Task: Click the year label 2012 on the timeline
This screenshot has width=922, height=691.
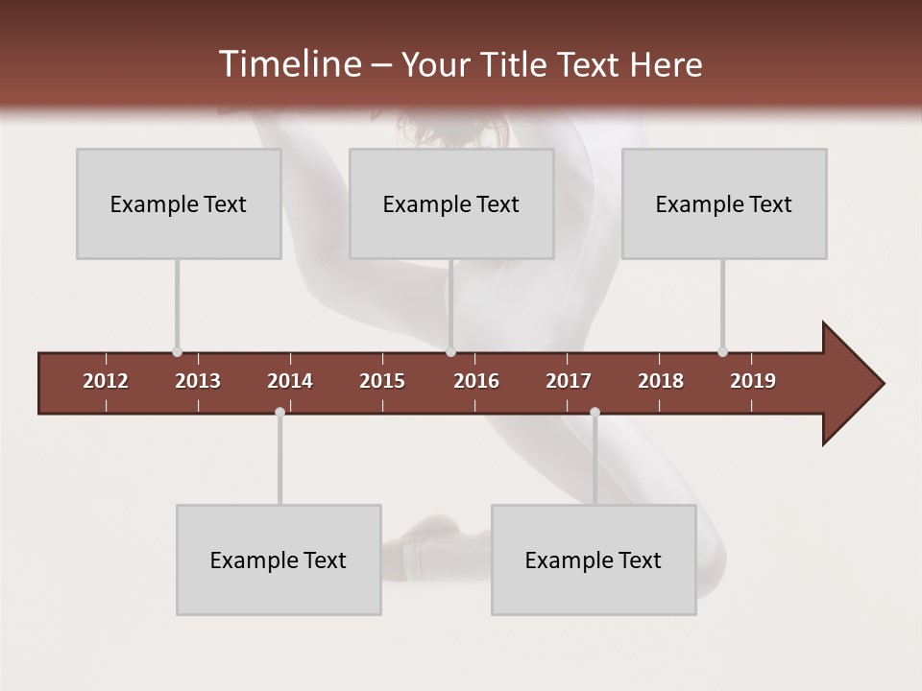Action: [x=106, y=381]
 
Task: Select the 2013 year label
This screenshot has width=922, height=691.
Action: [x=198, y=381]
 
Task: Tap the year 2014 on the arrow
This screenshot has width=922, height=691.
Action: [x=290, y=381]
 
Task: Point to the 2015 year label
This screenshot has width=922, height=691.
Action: [x=382, y=381]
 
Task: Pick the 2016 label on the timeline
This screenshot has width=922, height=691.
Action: [x=476, y=381]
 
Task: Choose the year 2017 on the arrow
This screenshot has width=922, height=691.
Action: [x=569, y=381]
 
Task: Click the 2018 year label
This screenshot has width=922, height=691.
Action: [x=661, y=381]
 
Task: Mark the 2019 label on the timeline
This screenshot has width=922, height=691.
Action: [x=753, y=381]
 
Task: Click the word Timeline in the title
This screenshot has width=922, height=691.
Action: [x=289, y=64]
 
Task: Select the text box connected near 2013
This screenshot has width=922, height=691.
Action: [x=179, y=203]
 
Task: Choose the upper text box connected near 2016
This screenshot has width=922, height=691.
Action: [x=451, y=203]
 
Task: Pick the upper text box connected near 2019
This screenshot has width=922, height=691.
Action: [x=724, y=203]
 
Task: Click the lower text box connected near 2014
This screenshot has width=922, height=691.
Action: [x=279, y=560]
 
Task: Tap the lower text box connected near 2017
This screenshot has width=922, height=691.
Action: [x=594, y=560]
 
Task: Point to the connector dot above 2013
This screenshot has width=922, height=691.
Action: [x=177, y=352]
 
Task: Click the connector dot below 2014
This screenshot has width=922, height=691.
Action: [x=279, y=412]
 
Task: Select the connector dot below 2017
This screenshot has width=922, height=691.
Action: [x=594, y=412]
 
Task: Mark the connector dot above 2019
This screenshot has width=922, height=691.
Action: [x=722, y=352]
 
